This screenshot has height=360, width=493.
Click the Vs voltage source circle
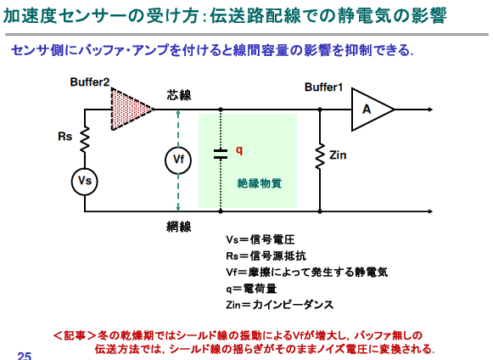(85, 182)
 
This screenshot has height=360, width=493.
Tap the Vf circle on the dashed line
(178, 160)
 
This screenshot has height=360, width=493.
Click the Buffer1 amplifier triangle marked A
(373, 110)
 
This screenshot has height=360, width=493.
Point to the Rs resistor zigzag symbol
(85, 140)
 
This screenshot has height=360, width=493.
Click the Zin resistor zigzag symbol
(320, 156)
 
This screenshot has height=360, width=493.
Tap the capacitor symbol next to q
(221, 153)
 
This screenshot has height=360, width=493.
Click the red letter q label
(239, 150)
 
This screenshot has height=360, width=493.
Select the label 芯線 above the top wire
(179, 95)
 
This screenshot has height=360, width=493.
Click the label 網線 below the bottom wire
(179, 227)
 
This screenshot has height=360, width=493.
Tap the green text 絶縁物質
(260, 183)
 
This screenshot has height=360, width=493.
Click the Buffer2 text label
(90, 82)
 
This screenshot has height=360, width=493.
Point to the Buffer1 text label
(323, 87)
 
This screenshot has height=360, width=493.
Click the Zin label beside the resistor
(338, 155)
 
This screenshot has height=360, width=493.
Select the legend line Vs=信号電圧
(261, 239)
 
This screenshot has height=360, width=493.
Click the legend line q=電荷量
(251, 289)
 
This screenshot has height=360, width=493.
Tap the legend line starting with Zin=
(279, 305)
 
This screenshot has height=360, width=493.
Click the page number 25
(25, 356)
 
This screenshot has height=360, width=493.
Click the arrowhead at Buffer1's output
(430, 110)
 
